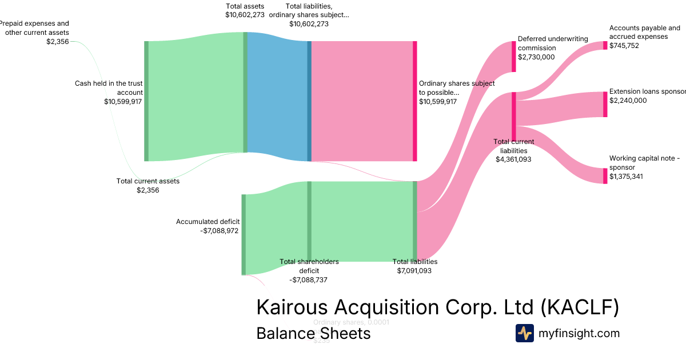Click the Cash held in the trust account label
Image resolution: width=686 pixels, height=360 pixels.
pyautogui.click(x=109, y=87)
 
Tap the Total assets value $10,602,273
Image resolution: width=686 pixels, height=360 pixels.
pyautogui.click(x=245, y=15)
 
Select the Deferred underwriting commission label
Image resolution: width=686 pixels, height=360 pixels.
pyautogui.click(x=553, y=43)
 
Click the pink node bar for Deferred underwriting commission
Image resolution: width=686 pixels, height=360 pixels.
pyautogui.click(x=513, y=57)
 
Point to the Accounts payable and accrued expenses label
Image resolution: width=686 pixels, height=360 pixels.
pyautogui.click(x=644, y=32)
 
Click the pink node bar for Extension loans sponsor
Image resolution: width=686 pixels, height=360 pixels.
pyautogui.click(x=605, y=104)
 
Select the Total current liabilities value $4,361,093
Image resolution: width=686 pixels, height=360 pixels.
pyautogui.click(x=513, y=159)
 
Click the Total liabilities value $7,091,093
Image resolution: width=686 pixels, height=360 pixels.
pyautogui.click(x=414, y=270)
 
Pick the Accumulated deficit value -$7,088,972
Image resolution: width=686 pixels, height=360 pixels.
pyautogui.click(x=220, y=231)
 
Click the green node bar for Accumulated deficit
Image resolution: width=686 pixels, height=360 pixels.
pyautogui.click(x=244, y=234)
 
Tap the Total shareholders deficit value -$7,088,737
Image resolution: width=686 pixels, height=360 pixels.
pyautogui.click(x=309, y=280)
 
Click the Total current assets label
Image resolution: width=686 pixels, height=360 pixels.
pyautogui.click(x=148, y=181)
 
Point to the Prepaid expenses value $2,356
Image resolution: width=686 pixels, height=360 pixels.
pyautogui.click(x=58, y=41)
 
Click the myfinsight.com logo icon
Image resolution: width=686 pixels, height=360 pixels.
pyautogui.click(x=524, y=333)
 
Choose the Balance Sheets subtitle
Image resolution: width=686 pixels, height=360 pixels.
pyautogui.click(x=313, y=333)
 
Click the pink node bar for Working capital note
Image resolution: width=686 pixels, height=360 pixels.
pyautogui.click(x=605, y=176)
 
